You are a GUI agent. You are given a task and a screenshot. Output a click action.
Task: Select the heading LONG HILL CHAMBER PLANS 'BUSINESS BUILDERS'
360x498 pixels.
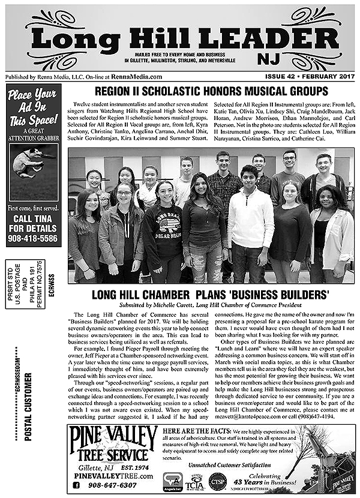click(210, 295)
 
